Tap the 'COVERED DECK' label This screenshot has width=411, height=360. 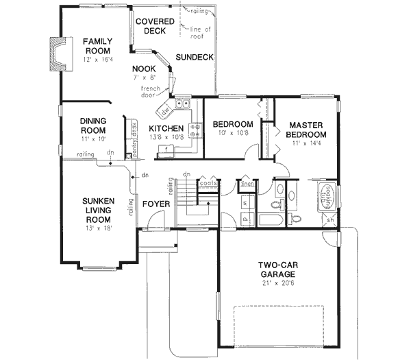(x=155, y=26)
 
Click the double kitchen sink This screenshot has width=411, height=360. (x=183, y=105)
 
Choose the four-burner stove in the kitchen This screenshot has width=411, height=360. (x=195, y=128)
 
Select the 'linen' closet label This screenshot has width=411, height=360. (x=247, y=184)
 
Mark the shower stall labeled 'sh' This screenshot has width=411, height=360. (x=329, y=219)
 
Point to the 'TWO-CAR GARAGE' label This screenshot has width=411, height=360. (x=277, y=269)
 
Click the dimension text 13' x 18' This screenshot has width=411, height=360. (x=98, y=228)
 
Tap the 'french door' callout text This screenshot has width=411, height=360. (x=151, y=92)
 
